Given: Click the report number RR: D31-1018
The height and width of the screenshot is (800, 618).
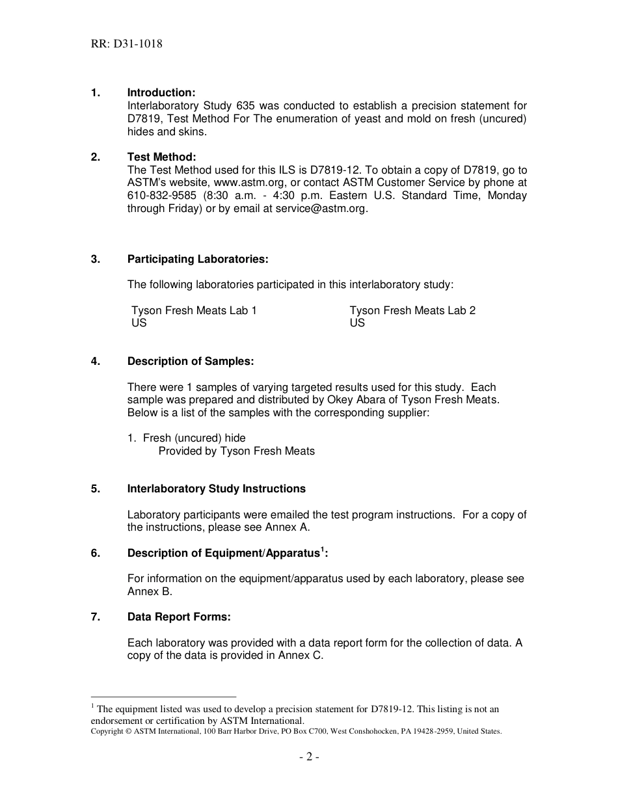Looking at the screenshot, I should point(127,44).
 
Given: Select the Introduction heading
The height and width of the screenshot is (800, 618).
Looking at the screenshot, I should point(161,92).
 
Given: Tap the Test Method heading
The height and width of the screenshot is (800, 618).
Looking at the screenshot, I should point(161,157).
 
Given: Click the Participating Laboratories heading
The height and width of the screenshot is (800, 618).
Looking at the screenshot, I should point(197,259).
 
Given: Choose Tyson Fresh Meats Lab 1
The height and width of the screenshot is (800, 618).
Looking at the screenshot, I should point(194,310).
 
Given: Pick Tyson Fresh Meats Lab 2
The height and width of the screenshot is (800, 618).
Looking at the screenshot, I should point(412,310).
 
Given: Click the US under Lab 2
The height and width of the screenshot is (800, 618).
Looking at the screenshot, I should point(357,323).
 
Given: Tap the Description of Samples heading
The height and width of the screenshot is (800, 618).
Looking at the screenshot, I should point(190,361).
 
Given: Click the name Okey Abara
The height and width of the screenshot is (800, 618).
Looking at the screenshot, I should point(366,399).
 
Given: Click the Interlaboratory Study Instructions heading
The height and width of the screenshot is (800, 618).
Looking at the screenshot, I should point(216,488).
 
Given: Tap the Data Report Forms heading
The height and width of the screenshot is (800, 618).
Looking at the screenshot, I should point(179,617).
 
